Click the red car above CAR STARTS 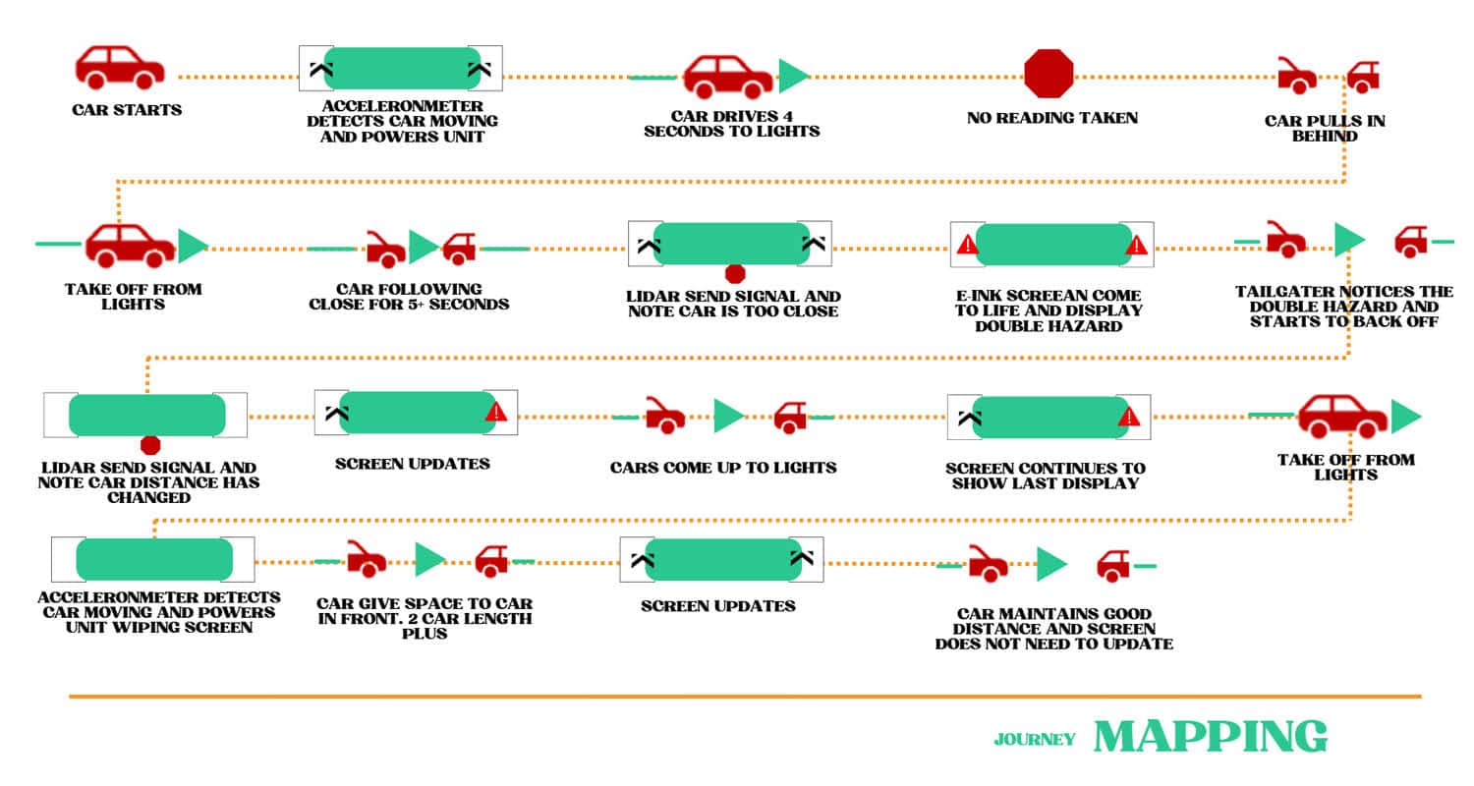(x=119, y=68)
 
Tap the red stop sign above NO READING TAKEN (x=1049, y=74)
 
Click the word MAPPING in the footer (x=1210, y=737)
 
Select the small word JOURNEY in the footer (x=1034, y=740)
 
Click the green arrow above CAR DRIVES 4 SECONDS (x=792, y=76)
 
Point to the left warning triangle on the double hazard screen (x=967, y=245)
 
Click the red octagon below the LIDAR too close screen (x=735, y=273)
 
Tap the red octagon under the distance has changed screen (x=149, y=445)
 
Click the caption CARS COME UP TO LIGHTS (x=723, y=468)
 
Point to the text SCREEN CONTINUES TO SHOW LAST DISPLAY (x=1046, y=476)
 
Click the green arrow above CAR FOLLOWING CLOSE (x=423, y=247)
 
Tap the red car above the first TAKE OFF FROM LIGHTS (x=130, y=246)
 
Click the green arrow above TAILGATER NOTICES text (x=1348, y=240)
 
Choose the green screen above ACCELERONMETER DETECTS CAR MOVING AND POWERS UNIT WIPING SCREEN (x=153, y=559)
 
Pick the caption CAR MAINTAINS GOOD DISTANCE (x=1053, y=629)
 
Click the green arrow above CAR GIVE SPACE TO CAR (x=429, y=560)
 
